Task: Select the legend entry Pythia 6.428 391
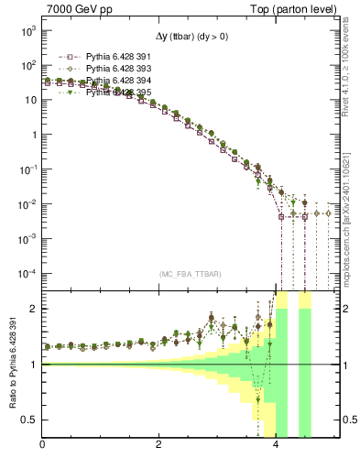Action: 110,55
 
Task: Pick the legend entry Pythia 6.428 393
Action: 110,68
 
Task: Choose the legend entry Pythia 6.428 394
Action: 110,81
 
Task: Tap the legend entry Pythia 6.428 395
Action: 110,93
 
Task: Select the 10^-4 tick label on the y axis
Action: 27,273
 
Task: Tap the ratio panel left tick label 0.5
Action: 30,420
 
